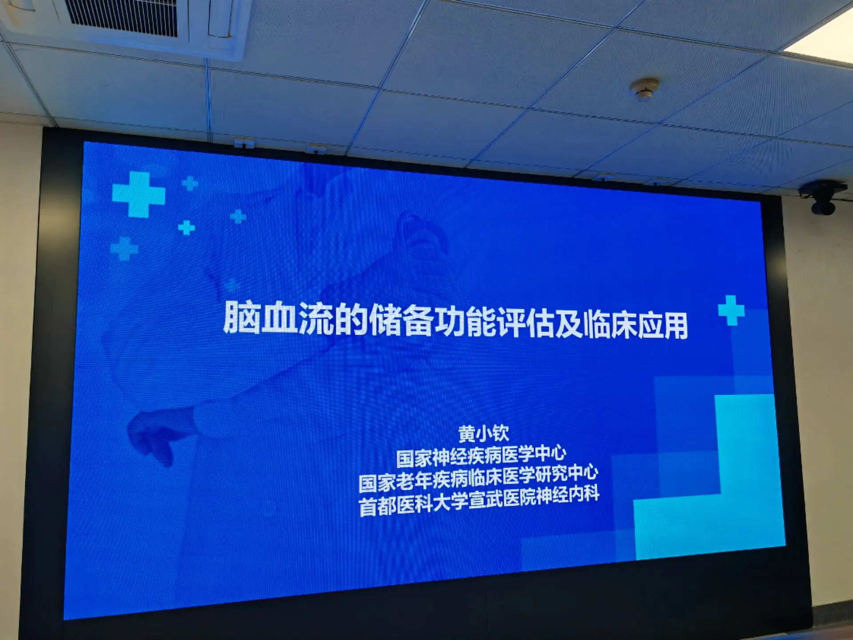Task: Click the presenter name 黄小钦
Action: [x=483, y=433]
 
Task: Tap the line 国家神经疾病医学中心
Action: [x=481, y=456]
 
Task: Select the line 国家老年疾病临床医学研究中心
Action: [x=478, y=479]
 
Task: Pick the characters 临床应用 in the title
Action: [x=635, y=324]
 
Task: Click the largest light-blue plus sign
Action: [x=139, y=194]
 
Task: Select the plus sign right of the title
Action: [x=731, y=310]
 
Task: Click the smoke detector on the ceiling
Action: [x=644, y=89]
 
